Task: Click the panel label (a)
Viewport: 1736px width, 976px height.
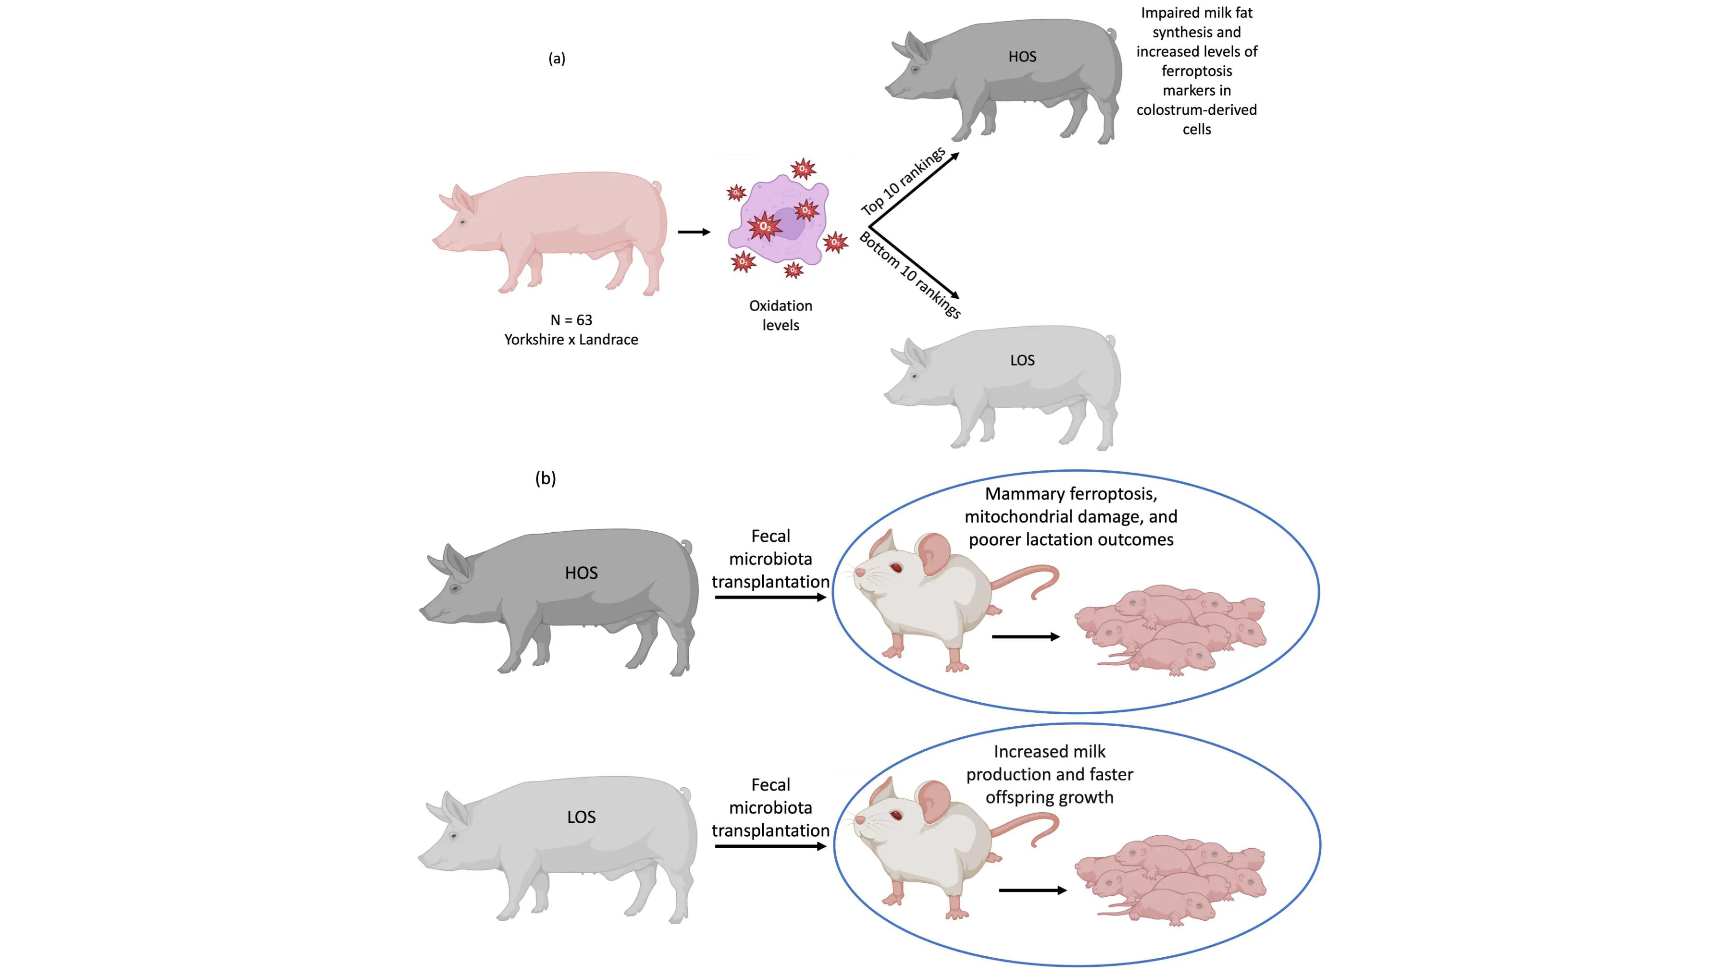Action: (x=557, y=59)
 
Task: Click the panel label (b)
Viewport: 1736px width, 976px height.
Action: (x=545, y=478)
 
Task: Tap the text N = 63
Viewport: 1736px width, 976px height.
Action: (x=571, y=320)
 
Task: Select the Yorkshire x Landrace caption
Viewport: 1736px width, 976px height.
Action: (x=571, y=340)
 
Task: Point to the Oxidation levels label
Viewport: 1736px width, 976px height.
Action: (x=781, y=315)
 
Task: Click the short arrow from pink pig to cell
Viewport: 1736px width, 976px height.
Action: (x=694, y=232)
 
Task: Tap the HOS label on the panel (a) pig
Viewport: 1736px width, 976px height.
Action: (x=1022, y=57)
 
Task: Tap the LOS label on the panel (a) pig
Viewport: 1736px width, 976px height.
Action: (x=1022, y=360)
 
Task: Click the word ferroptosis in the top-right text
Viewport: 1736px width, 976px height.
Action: (x=1196, y=71)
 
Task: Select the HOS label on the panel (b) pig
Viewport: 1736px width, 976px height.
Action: (x=581, y=573)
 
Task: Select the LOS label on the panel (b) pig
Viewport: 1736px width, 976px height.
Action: (x=581, y=817)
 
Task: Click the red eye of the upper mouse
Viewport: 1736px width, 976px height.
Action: (x=896, y=568)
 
